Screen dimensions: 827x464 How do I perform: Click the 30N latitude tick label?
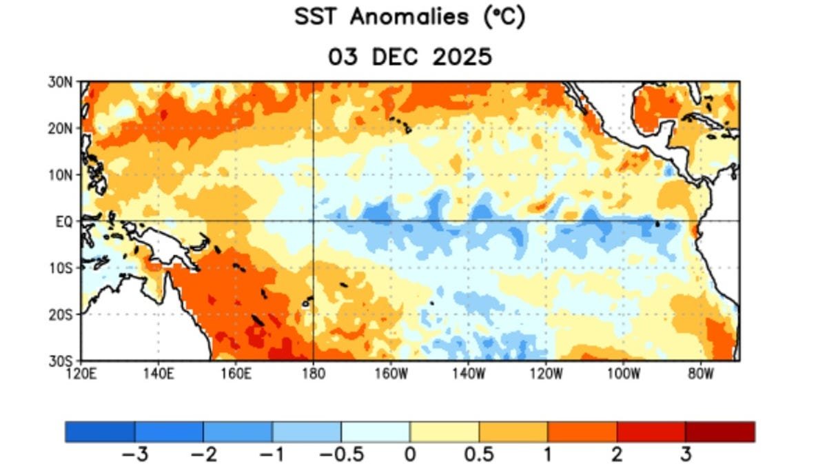(x=60, y=82)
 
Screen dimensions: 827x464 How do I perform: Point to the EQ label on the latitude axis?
(x=64, y=223)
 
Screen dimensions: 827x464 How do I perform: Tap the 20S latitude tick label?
(x=61, y=315)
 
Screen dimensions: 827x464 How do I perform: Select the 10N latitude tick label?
(x=61, y=176)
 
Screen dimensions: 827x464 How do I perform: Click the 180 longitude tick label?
(x=314, y=374)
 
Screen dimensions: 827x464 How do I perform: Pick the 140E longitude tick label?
(x=159, y=374)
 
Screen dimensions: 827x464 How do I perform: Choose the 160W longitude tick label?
(x=391, y=374)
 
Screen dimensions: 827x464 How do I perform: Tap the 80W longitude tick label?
(x=701, y=374)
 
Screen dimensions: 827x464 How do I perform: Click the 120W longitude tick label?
(x=547, y=374)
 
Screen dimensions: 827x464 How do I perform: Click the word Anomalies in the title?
(x=409, y=17)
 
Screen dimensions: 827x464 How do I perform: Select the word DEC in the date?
(x=395, y=57)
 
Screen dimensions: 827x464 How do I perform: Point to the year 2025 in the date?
(x=462, y=57)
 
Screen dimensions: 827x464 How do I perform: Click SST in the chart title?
(x=316, y=17)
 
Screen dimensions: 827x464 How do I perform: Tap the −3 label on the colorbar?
(x=135, y=454)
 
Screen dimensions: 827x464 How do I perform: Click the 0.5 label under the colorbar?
(x=479, y=454)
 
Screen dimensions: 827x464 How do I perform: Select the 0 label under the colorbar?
(x=410, y=454)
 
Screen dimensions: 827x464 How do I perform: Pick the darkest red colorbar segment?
(x=720, y=432)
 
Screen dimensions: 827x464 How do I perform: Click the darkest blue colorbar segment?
(x=100, y=432)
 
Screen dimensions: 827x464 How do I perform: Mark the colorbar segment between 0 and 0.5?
(x=444, y=432)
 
